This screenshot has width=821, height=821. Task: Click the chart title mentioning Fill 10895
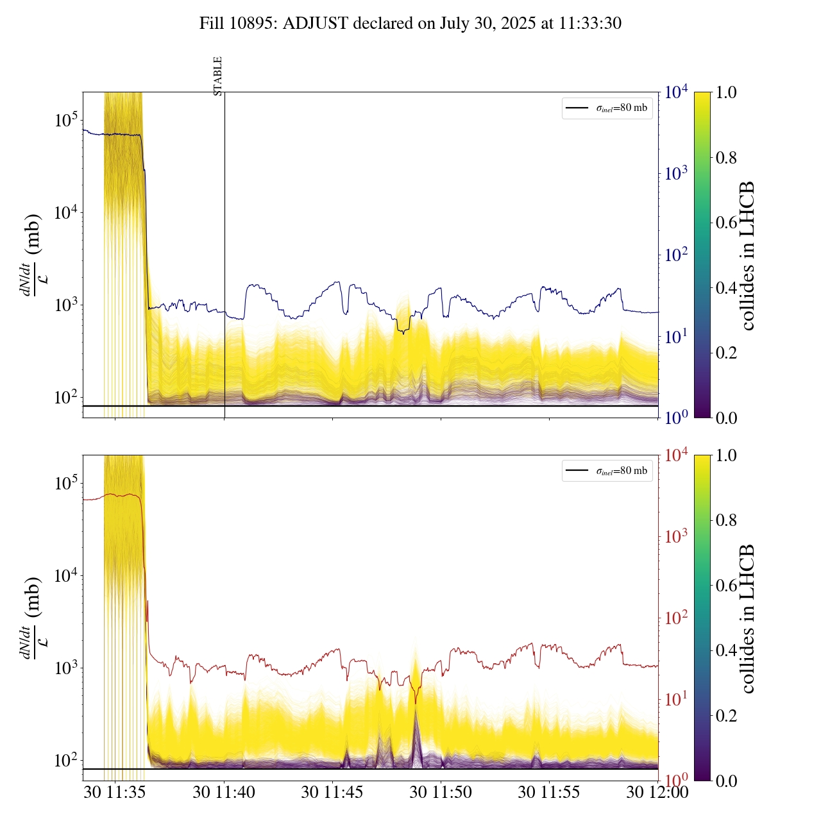tap(410, 24)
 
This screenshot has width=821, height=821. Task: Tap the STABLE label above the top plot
tap(218, 76)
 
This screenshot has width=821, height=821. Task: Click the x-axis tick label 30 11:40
tap(224, 792)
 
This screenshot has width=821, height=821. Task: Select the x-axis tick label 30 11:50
tap(441, 792)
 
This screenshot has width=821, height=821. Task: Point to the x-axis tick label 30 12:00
tap(657, 792)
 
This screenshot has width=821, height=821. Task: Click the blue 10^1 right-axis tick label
tap(676, 336)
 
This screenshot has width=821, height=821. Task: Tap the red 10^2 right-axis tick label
tap(676, 618)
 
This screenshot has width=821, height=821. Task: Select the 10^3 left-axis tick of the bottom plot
tap(65, 668)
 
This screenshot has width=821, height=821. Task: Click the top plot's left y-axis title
tap(32, 255)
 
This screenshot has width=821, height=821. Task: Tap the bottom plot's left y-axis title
tap(32, 618)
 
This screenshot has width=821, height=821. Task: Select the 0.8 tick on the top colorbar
tap(727, 158)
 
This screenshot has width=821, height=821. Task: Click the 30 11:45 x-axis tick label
tap(332, 792)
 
